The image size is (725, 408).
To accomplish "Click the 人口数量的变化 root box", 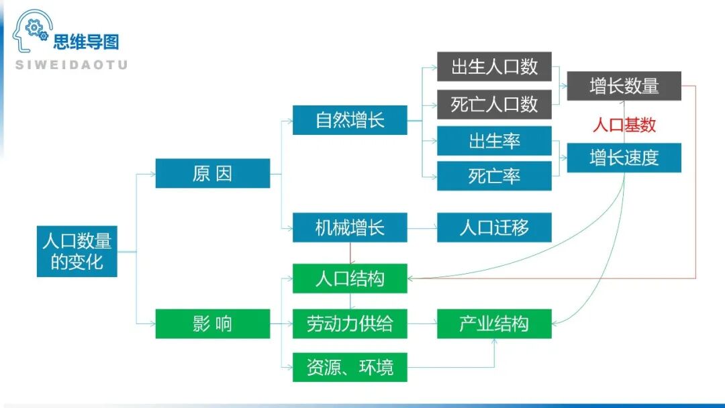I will [77, 251].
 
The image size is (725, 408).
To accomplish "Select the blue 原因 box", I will [212, 174].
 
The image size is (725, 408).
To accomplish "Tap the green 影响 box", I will [212, 324].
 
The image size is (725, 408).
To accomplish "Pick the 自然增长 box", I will [350, 120].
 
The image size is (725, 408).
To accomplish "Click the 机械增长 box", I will [350, 227].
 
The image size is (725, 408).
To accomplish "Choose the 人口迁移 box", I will [494, 227].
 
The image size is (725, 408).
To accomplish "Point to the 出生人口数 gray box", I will [494, 66].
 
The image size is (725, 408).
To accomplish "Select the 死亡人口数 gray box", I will [494, 104].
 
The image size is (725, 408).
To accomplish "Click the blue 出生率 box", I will [494, 141].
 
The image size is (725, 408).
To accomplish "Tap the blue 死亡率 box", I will [494, 176].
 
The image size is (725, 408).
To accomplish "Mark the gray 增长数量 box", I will [624, 86].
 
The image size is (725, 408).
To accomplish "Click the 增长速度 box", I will [624, 158].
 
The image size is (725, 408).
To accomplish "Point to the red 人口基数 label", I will [624, 125].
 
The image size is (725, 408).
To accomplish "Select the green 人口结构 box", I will [350, 278].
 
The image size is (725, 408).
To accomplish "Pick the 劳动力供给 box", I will [350, 324].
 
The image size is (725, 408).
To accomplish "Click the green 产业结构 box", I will [494, 324].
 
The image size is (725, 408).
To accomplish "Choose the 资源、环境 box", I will [350, 368].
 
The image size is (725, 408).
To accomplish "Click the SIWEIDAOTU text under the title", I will [70, 65].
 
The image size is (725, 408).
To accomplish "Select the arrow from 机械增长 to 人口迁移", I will [422, 228].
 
